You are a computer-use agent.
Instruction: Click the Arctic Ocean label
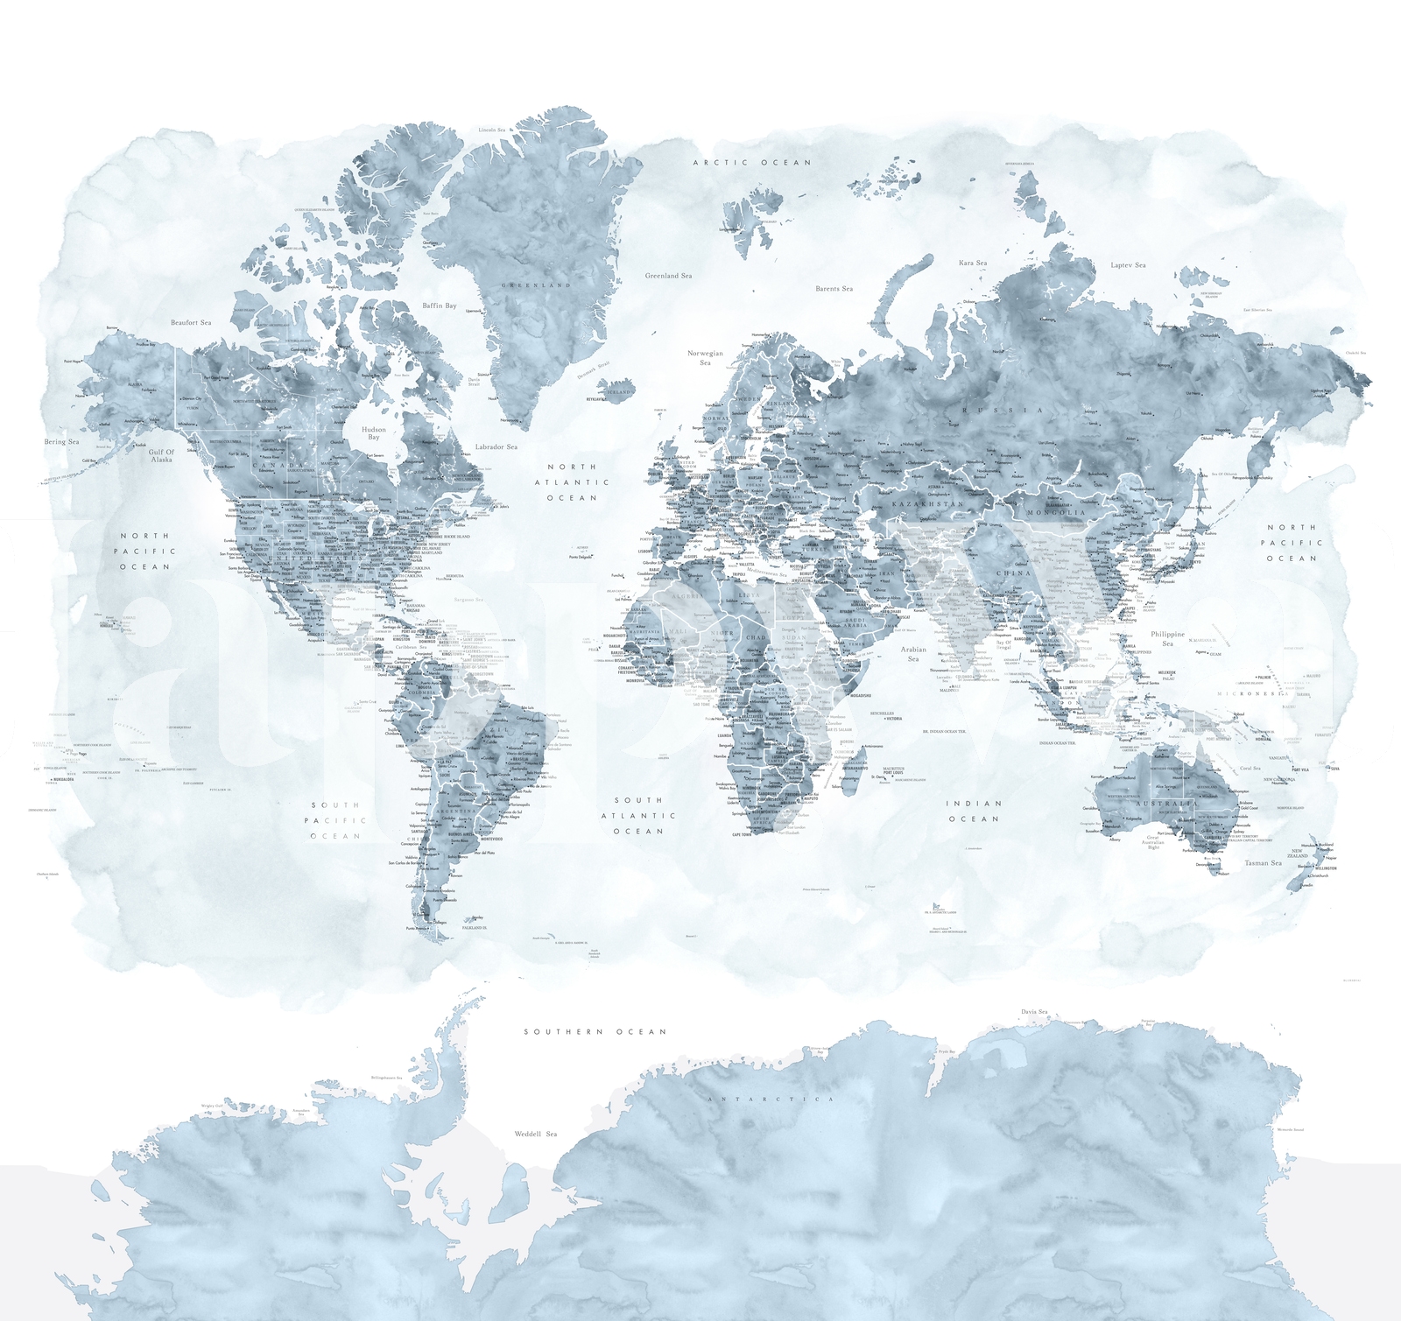coord(752,163)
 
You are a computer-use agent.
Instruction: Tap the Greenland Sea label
coord(668,276)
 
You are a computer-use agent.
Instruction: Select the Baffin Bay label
coord(440,306)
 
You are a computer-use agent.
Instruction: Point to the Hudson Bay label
coord(374,433)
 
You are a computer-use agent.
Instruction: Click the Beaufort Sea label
coord(191,323)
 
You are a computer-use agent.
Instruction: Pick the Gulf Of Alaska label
coord(161,456)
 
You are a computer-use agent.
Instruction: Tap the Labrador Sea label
coord(496,447)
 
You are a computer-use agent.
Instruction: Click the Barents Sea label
coord(834,289)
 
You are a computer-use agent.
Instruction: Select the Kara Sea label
coord(972,263)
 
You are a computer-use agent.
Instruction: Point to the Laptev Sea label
coord(1128,265)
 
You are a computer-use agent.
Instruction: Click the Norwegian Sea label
coord(705,357)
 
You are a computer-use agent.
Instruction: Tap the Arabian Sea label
coord(913,654)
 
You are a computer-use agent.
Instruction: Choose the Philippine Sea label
coord(1167,639)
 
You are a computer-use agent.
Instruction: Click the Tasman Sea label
coord(1263,863)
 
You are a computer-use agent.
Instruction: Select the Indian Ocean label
coord(974,812)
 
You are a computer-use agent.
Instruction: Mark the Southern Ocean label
coord(595,1032)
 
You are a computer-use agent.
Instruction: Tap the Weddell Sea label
coord(535,1135)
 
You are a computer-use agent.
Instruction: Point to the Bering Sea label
coord(61,442)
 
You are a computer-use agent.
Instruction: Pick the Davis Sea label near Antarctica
coord(1034,1012)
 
